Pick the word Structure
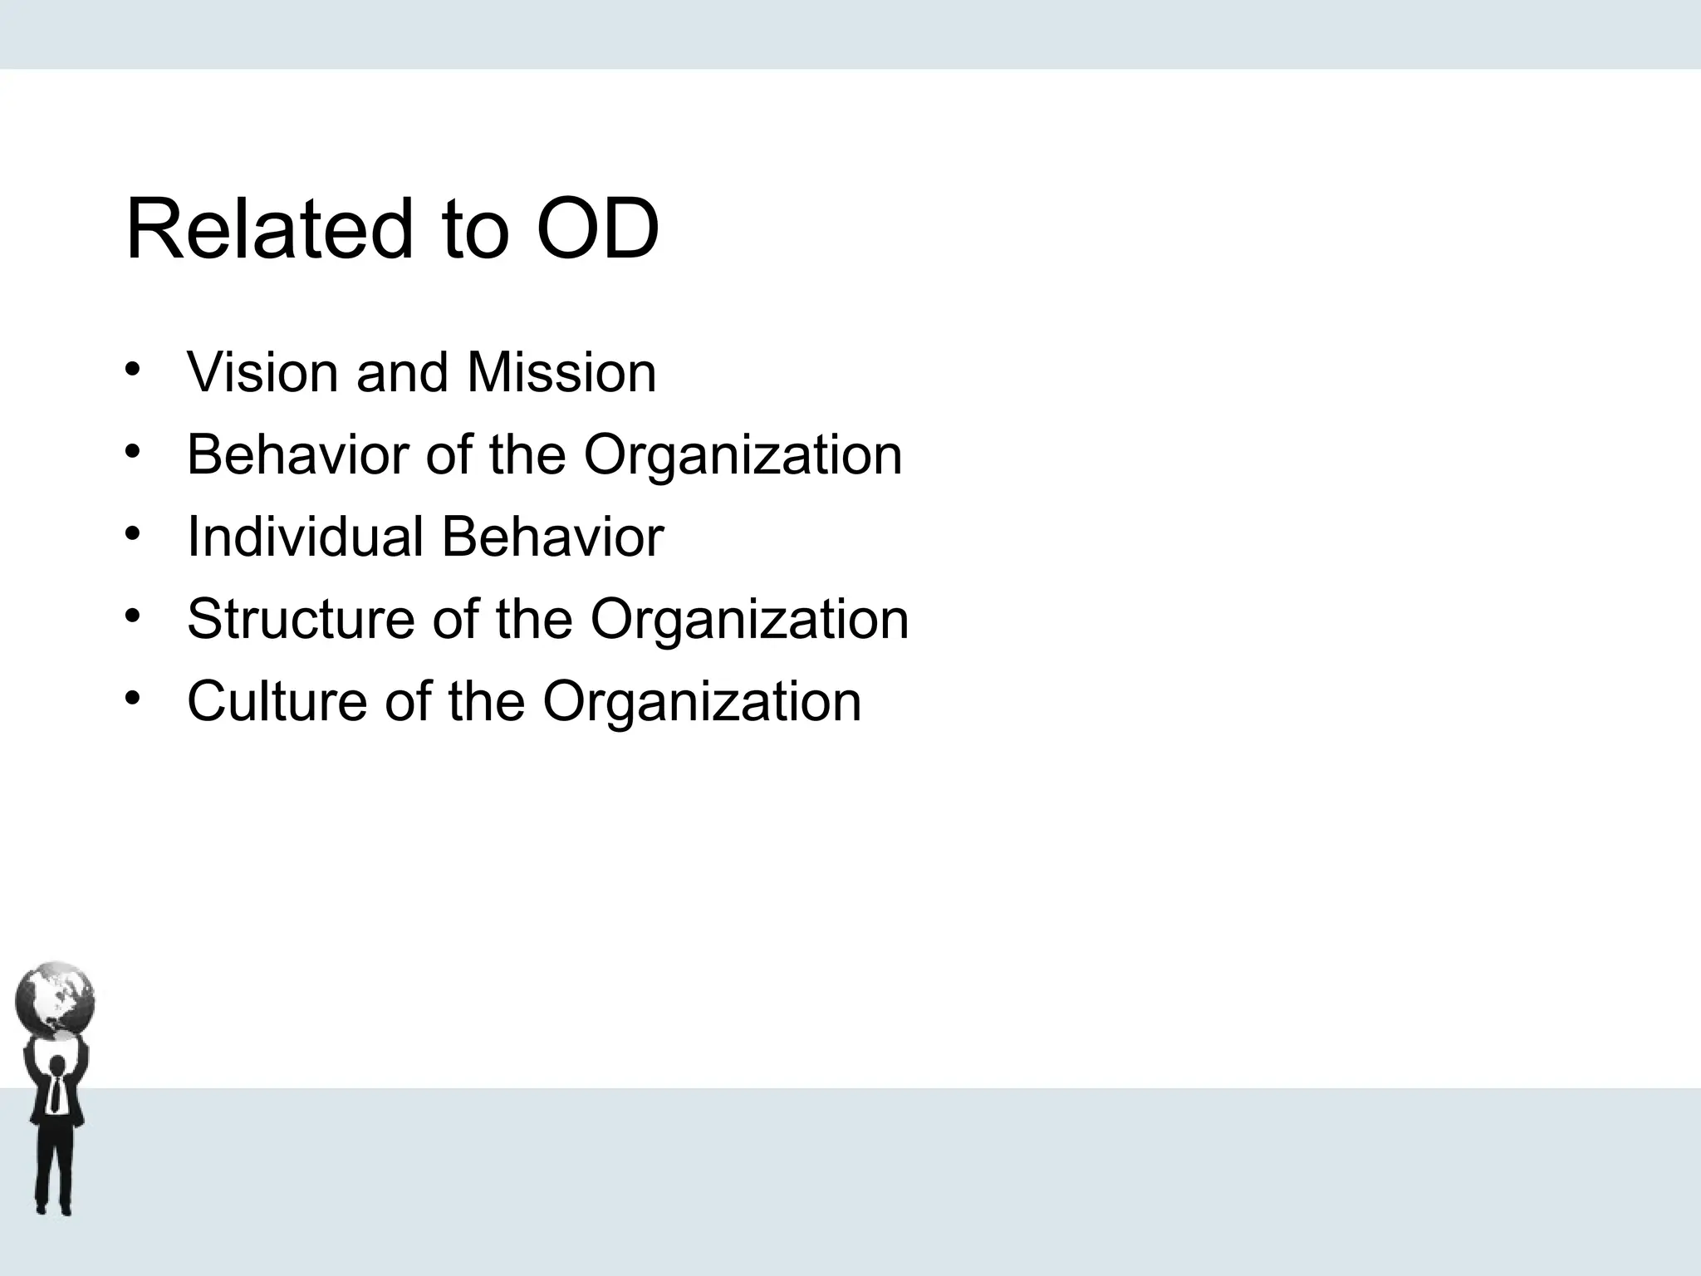tap(300, 619)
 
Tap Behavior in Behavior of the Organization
tap(298, 454)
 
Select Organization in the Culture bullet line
tap(702, 701)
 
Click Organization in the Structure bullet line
tap(749, 619)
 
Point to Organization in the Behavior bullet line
tap(743, 454)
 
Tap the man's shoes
tap(55, 1208)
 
